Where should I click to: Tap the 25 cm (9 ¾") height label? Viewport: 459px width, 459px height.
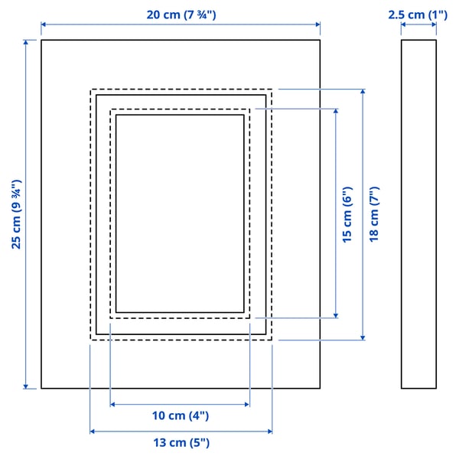coord(15,214)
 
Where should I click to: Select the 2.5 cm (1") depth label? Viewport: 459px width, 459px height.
coord(418,14)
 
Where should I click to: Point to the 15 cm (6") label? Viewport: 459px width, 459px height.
coord(347,214)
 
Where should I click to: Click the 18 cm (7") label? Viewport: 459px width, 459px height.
coord(374,214)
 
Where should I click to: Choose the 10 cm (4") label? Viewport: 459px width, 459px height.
coord(180,415)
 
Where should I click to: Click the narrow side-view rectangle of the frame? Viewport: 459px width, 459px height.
coord(418,214)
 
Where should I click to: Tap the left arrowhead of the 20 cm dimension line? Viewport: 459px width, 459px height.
coord(43,25)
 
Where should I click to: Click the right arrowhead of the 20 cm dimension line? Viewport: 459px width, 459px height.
coord(317,25)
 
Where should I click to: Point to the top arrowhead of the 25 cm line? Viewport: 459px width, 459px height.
coord(27,42)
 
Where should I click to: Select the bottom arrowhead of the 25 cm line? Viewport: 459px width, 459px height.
coord(27,386)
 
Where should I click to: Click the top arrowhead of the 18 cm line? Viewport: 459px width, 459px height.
coord(363,91)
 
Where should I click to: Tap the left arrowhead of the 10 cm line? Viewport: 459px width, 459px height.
coord(112,404)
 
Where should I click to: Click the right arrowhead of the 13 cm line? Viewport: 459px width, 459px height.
coord(270,431)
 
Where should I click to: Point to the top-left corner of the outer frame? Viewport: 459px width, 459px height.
coord(41,40)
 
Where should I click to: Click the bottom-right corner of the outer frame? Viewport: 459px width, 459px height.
coord(320,389)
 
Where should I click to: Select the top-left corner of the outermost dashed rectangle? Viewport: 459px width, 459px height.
coord(91,89)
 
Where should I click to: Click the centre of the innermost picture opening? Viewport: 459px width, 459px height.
coord(180,213)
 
